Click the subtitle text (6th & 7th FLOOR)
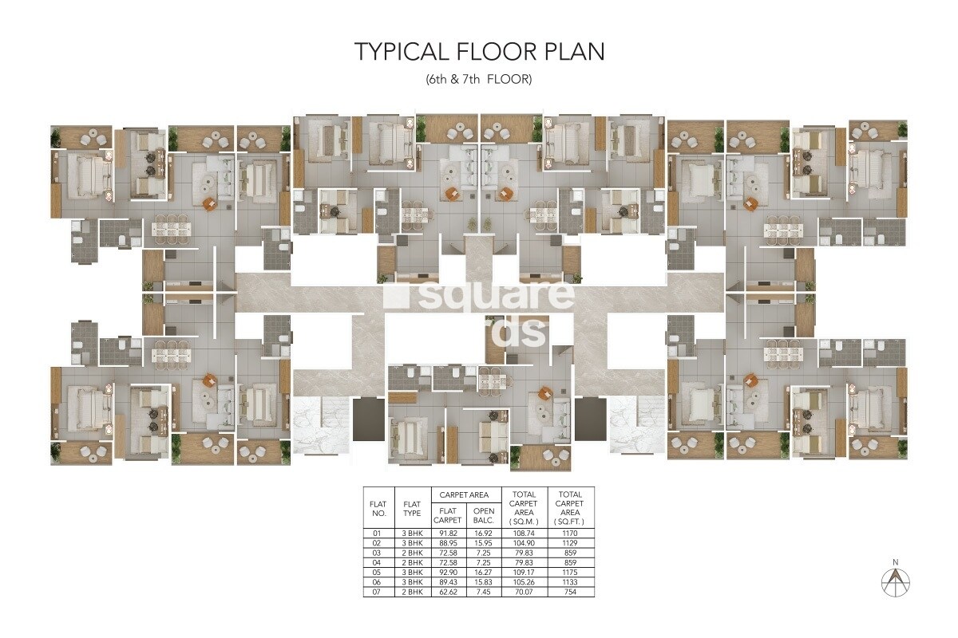(x=479, y=80)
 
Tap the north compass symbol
(x=896, y=581)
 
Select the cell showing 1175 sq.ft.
(x=571, y=573)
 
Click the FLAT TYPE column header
(x=412, y=508)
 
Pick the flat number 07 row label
(x=378, y=593)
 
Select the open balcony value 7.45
(x=484, y=593)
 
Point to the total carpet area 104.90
(x=525, y=542)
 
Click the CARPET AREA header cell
(x=466, y=495)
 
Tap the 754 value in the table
(x=571, y=593)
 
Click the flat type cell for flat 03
(x=412, y=552)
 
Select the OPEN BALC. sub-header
(x=484, y=515)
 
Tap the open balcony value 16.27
(x=484, y=573)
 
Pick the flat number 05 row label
(x=378, y=573)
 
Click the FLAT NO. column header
(x=378, y=508)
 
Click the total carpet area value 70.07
(x=525, y=593)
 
